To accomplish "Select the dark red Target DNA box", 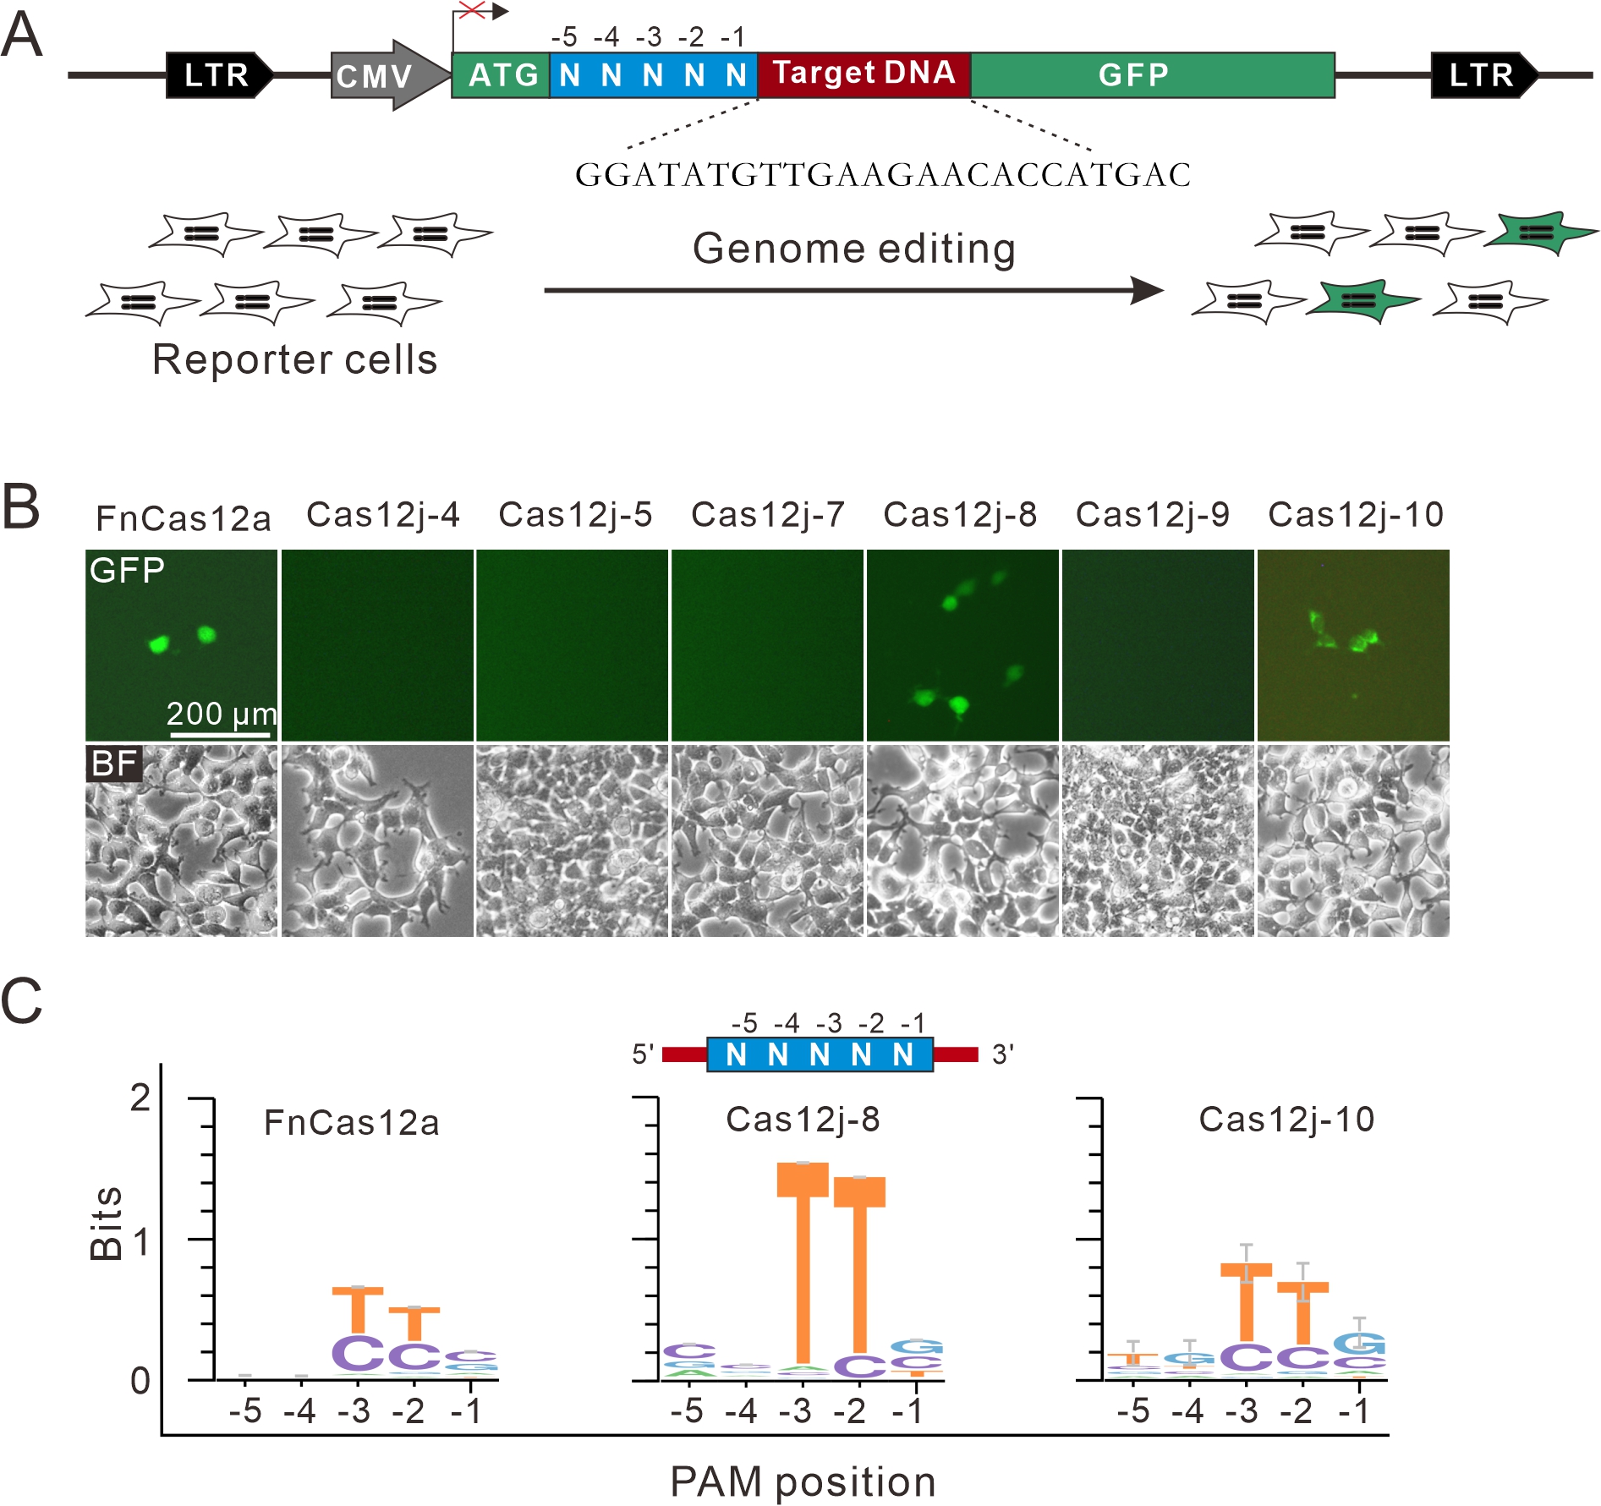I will coord(864,74).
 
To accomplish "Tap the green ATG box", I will coord(502,75).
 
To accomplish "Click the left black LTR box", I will coord(218,75).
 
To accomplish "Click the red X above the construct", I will coord(472,11).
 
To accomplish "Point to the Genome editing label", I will coord(854,249).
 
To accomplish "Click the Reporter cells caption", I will coord(294,359).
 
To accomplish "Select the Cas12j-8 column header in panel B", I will coord(960,514).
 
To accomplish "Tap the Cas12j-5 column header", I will coord(575,514).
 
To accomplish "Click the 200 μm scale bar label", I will coord(221,715).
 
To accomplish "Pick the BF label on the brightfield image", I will coord(113,764).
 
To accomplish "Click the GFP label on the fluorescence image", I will coord(127,571).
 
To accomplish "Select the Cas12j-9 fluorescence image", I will coord(1157,645).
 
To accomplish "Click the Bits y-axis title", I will coord(107,1224).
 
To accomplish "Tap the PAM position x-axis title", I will coord(803,1481).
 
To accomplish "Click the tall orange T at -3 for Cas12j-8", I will coord(803,1260).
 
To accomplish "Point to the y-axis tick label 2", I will coord(140,1098).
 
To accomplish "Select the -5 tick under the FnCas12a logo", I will coord(245,1410).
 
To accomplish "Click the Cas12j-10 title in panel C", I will coord(1286,1120).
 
